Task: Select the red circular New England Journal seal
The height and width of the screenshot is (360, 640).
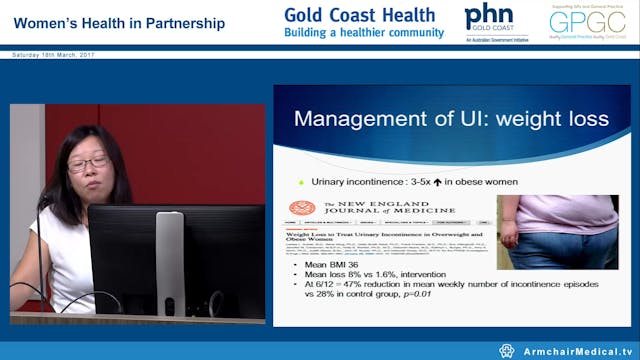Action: [x=296, y=207]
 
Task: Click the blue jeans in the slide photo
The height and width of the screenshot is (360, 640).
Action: [x=566, y=251]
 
